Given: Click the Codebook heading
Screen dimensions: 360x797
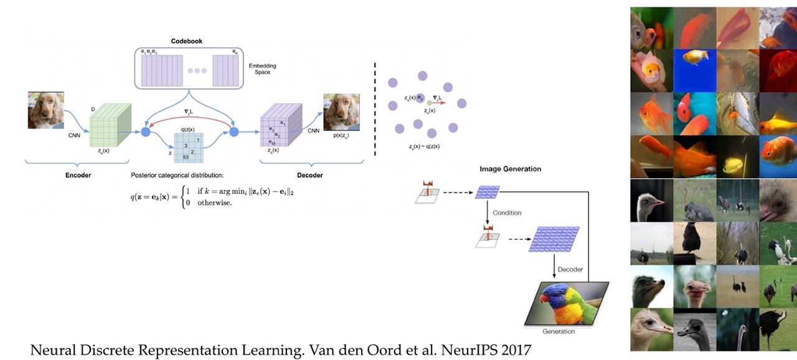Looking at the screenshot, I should pyautogui.click(x=187, y=41).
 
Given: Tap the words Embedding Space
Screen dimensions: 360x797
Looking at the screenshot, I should pyautogui.click(x=262, y=69).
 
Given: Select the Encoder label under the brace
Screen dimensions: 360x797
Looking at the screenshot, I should pyautogui.click(x=78, y=175).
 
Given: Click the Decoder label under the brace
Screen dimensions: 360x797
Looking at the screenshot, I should pyautogui.click(x=309, y=175).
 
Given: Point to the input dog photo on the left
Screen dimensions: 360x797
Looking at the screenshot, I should pyautogui.click(x=45, y=110).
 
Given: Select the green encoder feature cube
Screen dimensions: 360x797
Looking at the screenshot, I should pyautogui.click(x=111, y=125).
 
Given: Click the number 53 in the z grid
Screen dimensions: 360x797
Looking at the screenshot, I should pyautogui.click(x=185, y=157).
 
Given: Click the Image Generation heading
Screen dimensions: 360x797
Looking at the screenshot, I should pyautogui.click(x=510, y=169).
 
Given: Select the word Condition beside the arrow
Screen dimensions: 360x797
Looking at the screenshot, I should pyautogui.click(x=507, y=212).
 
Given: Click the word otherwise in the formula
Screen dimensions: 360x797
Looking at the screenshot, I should pyautogui.click(x=214, y=202).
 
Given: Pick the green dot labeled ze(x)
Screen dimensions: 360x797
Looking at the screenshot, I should pyautogui.click(x=430, y=102).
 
